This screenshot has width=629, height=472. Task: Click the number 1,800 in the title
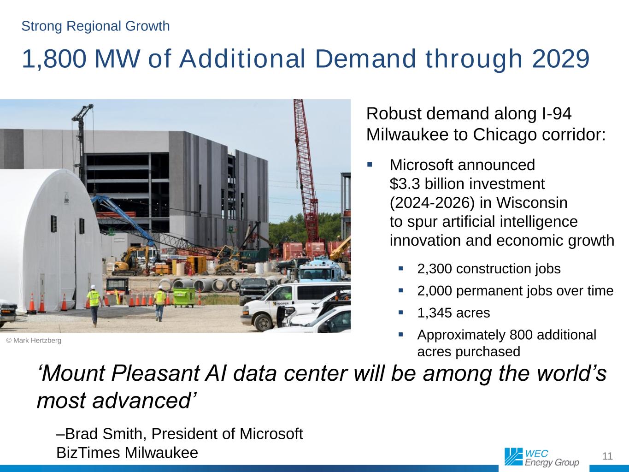[x=54, y=59]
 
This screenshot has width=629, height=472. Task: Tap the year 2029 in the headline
[x=560, y=59]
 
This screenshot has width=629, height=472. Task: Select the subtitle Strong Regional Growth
[x=95, y=26]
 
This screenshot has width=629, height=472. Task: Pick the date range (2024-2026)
[x=432, y=203]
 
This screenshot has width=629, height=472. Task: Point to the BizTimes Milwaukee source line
[x=127, y=453]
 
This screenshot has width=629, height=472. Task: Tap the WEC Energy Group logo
[x=541, y=457]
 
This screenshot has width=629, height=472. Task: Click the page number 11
[x=607, y=456]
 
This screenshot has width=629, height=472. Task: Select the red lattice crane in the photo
[x=306, y=172]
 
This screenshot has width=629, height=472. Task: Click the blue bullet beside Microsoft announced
[x=370, y=165]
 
